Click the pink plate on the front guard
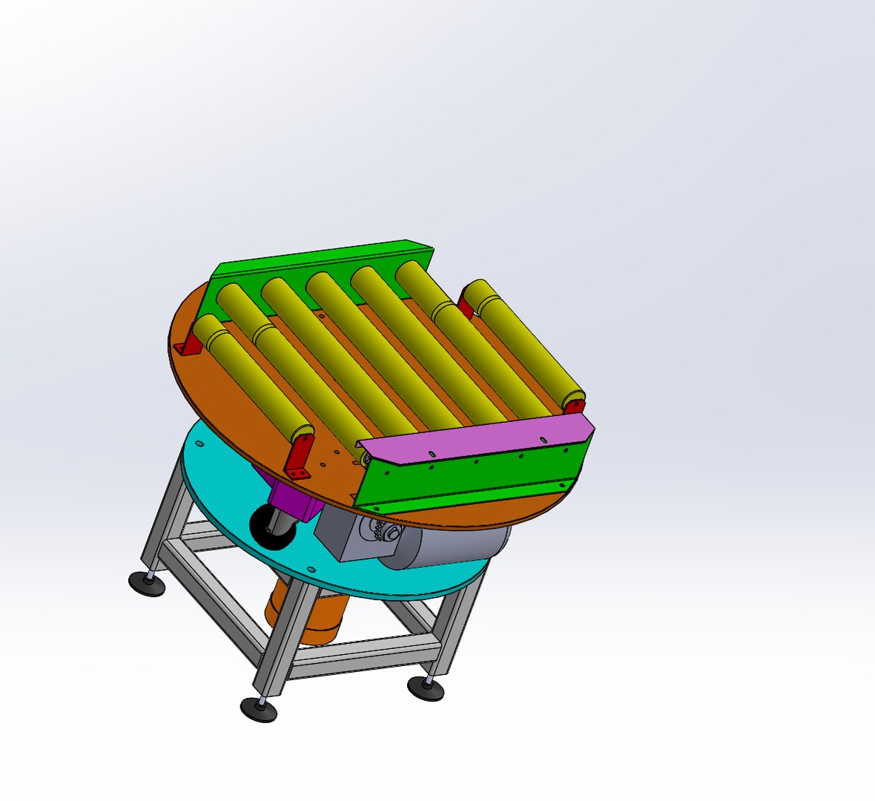point(475,442)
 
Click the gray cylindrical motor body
point(445,545)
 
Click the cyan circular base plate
point(222,475)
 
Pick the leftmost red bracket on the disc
point(190,345)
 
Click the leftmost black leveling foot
point(147,583)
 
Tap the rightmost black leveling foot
point(426,689)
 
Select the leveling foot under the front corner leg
point(259,710)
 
